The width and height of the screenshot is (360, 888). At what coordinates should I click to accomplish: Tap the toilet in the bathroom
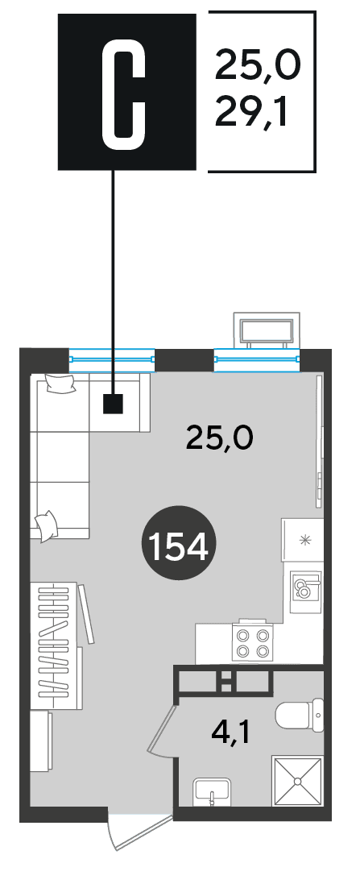[x=300, y=715]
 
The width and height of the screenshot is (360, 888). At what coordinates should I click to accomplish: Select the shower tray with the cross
[x=297, y=782]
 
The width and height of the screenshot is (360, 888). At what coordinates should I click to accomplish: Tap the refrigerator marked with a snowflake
[x=303, y=540]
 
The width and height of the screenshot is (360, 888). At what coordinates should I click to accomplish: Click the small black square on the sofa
[x=114, y=405]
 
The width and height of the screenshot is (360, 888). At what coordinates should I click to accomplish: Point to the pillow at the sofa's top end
[x=60, y=384]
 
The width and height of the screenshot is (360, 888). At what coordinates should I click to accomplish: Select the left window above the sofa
[x=111, y=358]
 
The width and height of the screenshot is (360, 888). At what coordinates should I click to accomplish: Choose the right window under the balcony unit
[x=257, y=358]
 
